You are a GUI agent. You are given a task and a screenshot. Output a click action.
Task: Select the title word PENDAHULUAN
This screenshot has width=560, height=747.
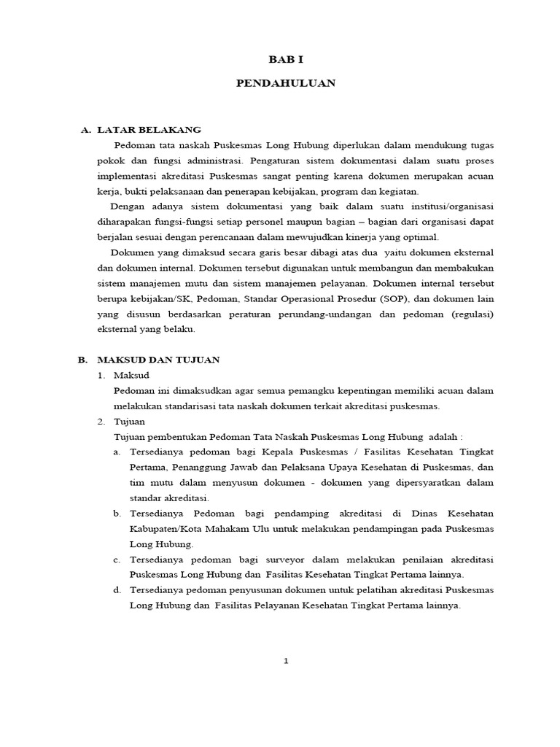click(286, 83)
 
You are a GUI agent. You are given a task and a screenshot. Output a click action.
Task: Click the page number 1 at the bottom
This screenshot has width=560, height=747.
click(287, 662)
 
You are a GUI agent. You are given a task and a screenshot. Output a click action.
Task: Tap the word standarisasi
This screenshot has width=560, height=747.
click(182, 406)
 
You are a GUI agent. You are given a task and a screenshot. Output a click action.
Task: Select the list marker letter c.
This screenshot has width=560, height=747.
click(117, 560)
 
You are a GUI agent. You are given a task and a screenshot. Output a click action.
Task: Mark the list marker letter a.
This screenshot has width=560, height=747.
click(117, 452)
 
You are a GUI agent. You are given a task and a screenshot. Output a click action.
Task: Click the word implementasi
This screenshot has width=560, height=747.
click(129, 176)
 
